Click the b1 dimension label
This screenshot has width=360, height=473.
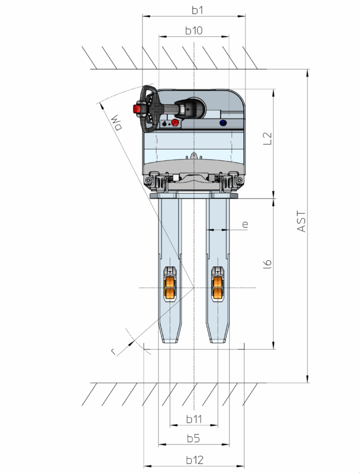tap(198, 10)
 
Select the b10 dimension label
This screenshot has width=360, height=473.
tap(194, 30)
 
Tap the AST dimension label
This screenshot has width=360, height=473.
tap(301, 222)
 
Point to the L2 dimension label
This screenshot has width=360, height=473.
tap(267, 139)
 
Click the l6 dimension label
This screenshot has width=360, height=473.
tap(267, 264)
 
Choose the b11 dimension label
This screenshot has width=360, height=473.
tap(194, 419)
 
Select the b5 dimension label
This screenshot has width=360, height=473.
tap(193, 438)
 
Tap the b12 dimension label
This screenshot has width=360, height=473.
tap(195, 460)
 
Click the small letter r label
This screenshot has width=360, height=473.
tap(114, 352)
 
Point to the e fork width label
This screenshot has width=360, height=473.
tap(245, 224)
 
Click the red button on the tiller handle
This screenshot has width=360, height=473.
tap(137, 109)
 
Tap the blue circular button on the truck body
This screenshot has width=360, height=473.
tap(223, 122)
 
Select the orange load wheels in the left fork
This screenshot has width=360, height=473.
tap(170, 287)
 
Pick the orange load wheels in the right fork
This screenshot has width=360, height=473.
tap(218, 287)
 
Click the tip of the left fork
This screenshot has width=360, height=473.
tap(170, 343)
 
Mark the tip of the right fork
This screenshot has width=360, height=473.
tap(218, 343)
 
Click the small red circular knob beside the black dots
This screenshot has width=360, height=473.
tap(174, 122)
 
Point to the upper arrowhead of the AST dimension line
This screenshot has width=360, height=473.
tap(307, 72)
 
